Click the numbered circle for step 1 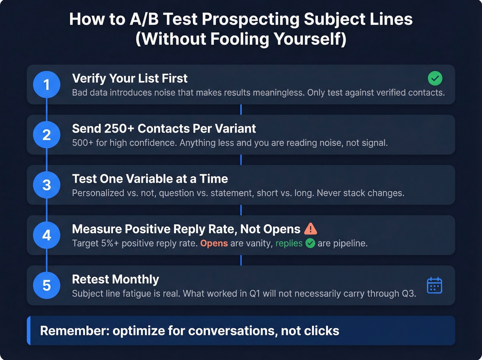pos(46,84)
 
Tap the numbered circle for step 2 pos(46,135)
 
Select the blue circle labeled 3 pos(46,185)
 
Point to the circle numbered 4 pos(46,235)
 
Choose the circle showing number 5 pos(46,285)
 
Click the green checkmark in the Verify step pos(435,79)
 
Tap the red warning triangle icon pos(311,229)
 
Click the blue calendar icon pos(434,285)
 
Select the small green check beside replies pos(310,243)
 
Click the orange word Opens pos(214,243)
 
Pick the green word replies pos(289,243)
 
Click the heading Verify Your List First pos(129,79)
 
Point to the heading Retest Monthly pos(115,279)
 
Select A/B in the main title pos(144,19)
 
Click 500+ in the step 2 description pos(83,143)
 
